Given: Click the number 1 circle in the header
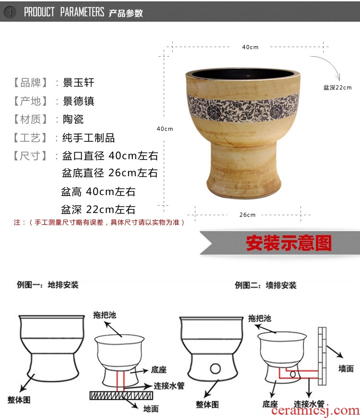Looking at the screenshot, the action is coord(10,12).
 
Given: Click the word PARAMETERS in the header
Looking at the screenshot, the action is coord(82,12).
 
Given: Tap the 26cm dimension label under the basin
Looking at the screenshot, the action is coord(247,215).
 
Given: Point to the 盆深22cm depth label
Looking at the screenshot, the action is coord(337,87).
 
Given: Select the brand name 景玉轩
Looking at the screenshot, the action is coord(78,83).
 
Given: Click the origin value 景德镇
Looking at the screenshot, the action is coord(78,101).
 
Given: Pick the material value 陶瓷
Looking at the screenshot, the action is coord(73,119).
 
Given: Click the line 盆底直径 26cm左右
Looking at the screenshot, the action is coord(110,173).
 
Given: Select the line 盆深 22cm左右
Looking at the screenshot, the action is coord(98,209).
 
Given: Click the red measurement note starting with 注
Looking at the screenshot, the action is coord(99,222).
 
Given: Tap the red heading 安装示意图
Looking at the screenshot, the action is coord(288,243).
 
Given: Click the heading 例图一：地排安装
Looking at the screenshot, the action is coord(48,285).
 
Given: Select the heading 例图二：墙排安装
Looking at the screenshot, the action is coord(265,285).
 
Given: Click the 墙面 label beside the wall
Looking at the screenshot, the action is coord(346,369).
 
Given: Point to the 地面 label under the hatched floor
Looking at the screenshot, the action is coord(151,409).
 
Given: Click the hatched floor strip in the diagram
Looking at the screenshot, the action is coord(121,395).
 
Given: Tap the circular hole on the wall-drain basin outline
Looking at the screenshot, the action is coord(215,369).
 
